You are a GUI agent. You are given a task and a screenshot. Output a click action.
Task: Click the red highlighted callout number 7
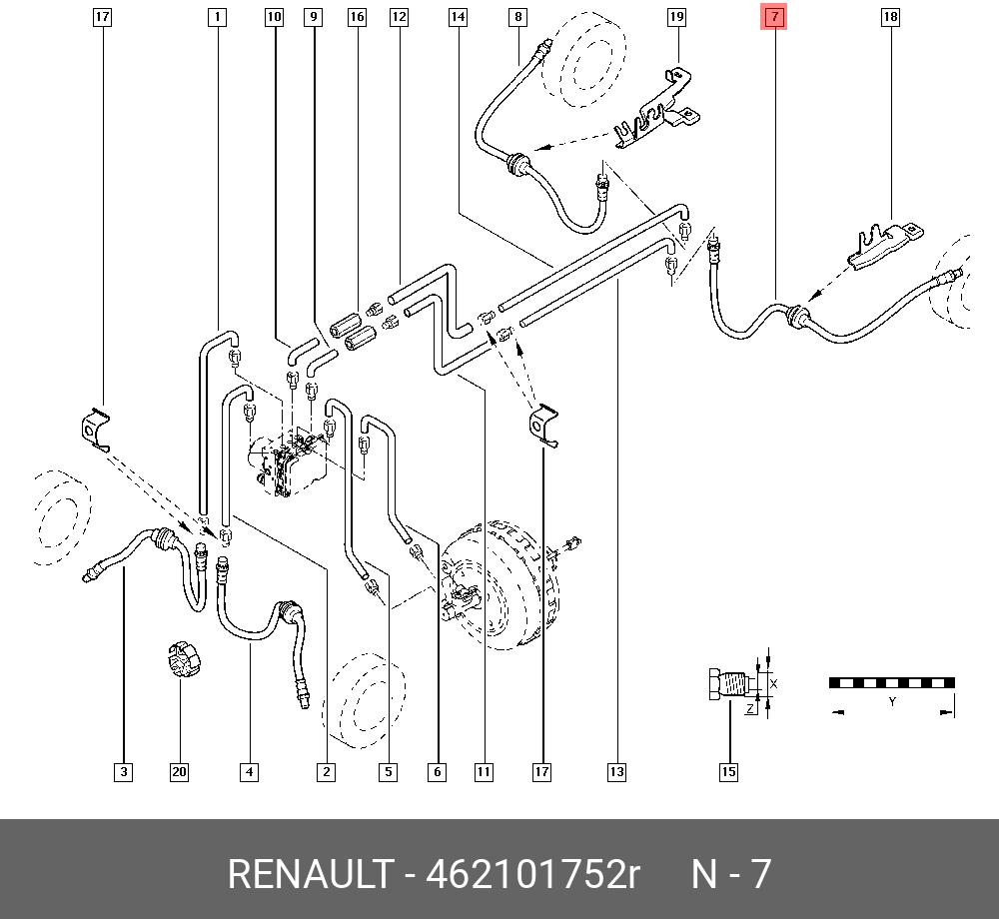tap(775, 17)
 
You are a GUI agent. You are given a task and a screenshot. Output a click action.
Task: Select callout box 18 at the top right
tap(890, 17)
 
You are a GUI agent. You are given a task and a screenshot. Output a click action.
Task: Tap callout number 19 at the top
tap(676, 17)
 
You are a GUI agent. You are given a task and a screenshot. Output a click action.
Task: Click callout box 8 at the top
tap(517, 17)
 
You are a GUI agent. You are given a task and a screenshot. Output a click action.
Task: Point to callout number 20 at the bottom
tap(179, 771)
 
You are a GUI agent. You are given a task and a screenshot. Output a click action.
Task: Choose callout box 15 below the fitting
tap(729, 771)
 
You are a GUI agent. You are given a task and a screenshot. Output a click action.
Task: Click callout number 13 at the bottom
tap(615, 771)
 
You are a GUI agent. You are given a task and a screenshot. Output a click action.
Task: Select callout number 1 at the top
tap(218, 17)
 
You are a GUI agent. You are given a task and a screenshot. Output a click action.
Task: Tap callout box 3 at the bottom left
tap(123, 771)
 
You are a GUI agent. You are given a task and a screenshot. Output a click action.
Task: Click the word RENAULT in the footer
tap(310, 874)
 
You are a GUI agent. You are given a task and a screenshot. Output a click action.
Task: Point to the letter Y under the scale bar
tap(892, 701)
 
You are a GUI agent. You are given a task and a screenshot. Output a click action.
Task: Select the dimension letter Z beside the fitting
tap(748, 708)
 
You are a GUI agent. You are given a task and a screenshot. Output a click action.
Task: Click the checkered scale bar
tap(891, 683)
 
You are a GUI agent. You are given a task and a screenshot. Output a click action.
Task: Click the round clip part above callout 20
tap(183, 660)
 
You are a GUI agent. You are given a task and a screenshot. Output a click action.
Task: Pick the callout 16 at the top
tap(357, 17)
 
